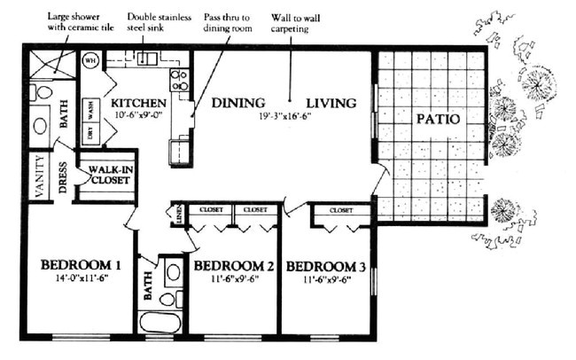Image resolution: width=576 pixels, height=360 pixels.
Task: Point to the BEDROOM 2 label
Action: pos(232,266)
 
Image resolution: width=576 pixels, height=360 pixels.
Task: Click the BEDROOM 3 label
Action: pos(326,266)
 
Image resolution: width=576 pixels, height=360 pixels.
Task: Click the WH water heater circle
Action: pos(90,60)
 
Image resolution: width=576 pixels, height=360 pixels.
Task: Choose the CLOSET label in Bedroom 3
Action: pos(342,211)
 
